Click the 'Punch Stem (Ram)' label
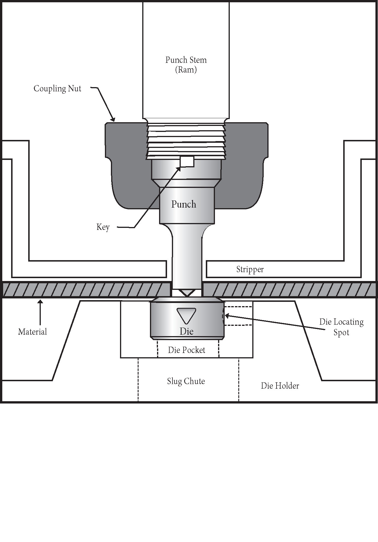coord(186,65)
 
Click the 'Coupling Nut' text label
coord(57,89)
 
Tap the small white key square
coord(187,162)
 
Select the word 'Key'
coord(103,227)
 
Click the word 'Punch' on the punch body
coord(184,204)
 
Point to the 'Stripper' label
coord(250,270)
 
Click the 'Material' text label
coord(32,332)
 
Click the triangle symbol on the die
coord(186,315)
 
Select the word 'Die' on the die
coord(186,332)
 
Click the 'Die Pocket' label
coord(186,350)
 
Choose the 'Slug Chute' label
coord(186,382)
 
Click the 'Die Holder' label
coord(280,386)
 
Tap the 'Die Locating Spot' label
coord(341,327)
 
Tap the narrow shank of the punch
coord(187,257)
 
